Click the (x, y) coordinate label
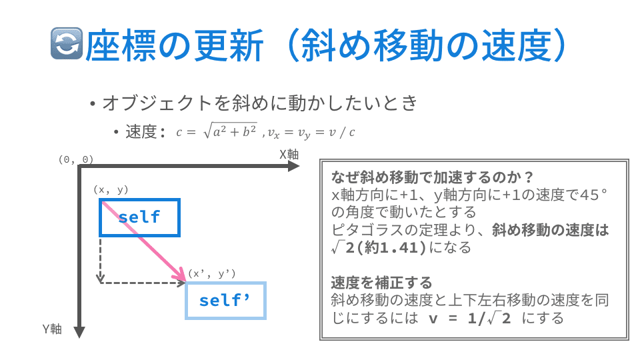[x=111, y=190]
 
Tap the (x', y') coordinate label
[x=211, y=273]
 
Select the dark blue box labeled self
[x=139, y=217]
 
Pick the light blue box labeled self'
[x=225, y=301]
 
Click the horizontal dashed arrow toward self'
[x=143, y=283]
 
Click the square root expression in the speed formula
[x=231, y=131]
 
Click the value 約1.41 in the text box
[x=395, y=248]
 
